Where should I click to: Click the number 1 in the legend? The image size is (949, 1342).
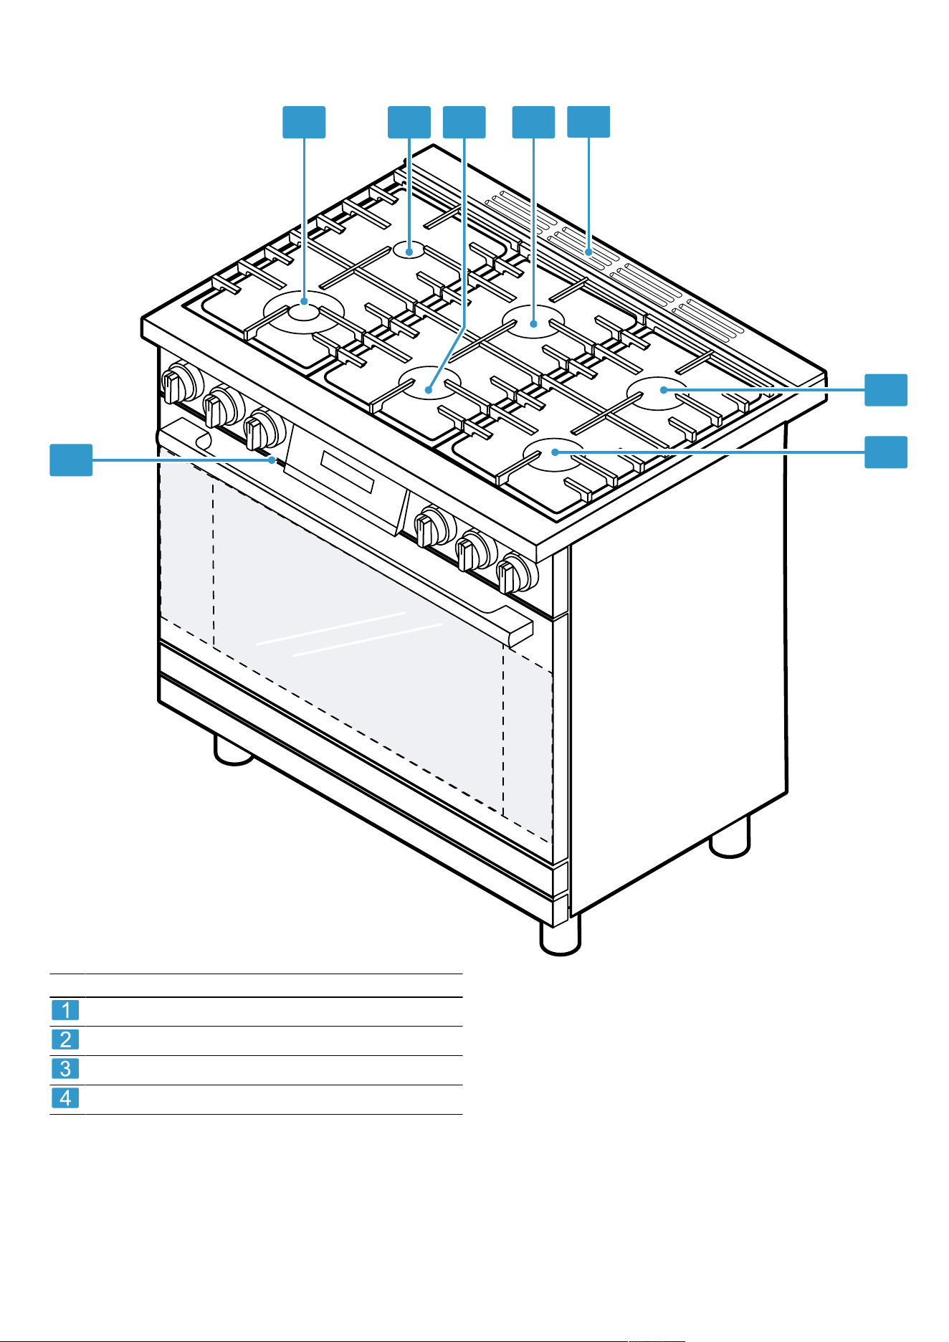click(65, 1010)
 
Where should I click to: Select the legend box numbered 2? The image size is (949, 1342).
click(65, 1039)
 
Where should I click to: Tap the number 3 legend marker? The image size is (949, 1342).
click(65, 1069)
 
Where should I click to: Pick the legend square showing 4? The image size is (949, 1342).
click(65, 1098)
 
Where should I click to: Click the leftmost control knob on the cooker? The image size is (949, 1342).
click(179, 384)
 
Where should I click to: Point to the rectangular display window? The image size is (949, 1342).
click(347, 472)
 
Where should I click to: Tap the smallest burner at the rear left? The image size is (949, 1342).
click(409, 249)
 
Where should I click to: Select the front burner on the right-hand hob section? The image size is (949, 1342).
click(554, 455)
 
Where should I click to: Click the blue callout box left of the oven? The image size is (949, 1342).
click(71, 460)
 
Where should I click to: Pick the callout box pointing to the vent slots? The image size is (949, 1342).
click(588, 122)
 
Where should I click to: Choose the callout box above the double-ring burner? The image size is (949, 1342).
click(304, 122)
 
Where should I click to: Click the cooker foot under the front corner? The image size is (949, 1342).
click(560, 937)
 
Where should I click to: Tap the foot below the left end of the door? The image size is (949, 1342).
click(234, 751)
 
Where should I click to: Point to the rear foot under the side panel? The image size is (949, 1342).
click(730, 837)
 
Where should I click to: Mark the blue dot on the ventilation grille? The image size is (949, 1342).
click(588, 252)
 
